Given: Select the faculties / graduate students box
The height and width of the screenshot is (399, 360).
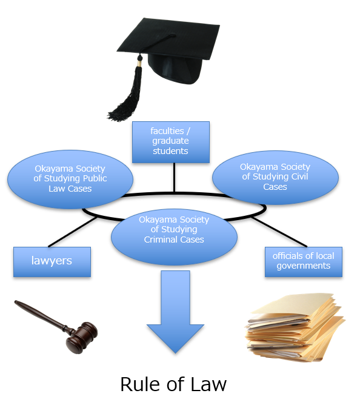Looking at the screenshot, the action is point(171,142).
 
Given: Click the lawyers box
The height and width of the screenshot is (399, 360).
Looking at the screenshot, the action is point(52,262).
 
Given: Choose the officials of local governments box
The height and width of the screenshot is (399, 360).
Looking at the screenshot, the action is point(304,262).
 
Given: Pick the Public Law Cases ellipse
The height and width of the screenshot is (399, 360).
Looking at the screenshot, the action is point(70,179).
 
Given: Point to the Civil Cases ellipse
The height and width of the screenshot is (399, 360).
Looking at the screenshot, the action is point(275,177).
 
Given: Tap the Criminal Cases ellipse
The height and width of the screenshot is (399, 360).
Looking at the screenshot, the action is point(174,237).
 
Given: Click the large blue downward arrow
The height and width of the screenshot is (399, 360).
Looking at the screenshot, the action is point(175,312).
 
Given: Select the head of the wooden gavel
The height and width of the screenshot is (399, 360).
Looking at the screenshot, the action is point(81,338).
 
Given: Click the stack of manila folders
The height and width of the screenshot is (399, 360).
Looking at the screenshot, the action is point(295,327).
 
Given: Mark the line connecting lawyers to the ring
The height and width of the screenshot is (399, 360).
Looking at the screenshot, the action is point(73,232).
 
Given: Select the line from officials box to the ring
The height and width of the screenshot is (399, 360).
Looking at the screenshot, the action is point(279,232).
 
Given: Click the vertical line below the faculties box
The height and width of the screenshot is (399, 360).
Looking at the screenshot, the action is point(174,178).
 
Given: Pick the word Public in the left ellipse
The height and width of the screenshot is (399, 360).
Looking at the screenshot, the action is point(94,178).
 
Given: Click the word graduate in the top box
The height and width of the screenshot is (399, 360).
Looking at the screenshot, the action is point(171,141).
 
